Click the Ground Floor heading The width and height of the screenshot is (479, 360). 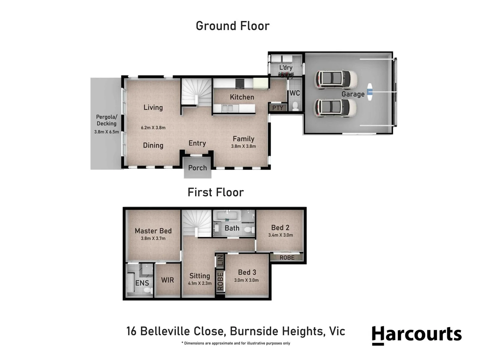232,26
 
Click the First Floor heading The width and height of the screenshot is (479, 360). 215,192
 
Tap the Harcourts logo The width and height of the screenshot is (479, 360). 417,335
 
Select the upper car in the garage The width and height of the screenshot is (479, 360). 336,79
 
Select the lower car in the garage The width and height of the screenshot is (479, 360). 336,108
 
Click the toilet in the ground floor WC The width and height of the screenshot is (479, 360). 295,106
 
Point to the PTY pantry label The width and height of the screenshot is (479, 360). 278,108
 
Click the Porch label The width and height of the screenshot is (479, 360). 197,168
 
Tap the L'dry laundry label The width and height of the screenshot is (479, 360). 286,68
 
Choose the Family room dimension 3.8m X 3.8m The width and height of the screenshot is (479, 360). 244,146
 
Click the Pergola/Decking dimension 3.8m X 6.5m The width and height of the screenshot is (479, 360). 106,132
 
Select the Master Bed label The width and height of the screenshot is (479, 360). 153,231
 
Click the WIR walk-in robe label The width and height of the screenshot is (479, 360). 167,280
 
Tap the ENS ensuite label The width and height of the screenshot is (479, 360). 142,283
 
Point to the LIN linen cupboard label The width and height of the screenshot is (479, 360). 220,260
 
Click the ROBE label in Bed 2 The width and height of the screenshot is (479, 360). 287,258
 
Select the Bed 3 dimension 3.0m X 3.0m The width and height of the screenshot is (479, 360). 247,280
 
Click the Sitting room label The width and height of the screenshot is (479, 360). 199,276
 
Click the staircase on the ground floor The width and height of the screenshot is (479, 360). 196,92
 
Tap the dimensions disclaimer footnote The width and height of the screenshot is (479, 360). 235,343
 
